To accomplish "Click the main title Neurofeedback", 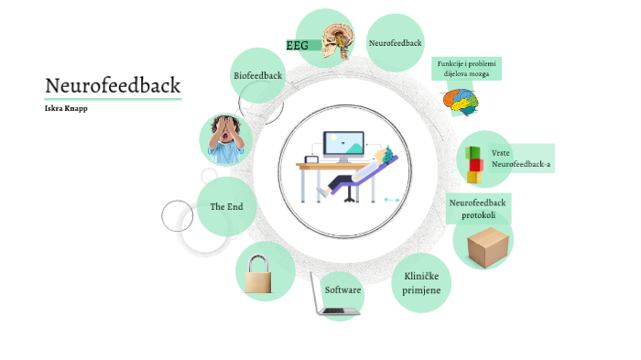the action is coord(113,85).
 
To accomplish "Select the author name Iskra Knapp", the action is coord(67,108).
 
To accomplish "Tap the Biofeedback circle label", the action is coord(258,74).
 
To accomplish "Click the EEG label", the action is coord(297,45).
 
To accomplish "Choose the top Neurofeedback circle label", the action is coord(395,43).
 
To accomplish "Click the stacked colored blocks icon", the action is coord(473,165).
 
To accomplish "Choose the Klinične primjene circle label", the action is coord(421,282).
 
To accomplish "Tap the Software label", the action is coord(343,289).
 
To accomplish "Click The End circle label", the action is coord(226,207).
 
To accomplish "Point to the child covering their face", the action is coord(224,140).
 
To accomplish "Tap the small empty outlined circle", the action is coord(178,216).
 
